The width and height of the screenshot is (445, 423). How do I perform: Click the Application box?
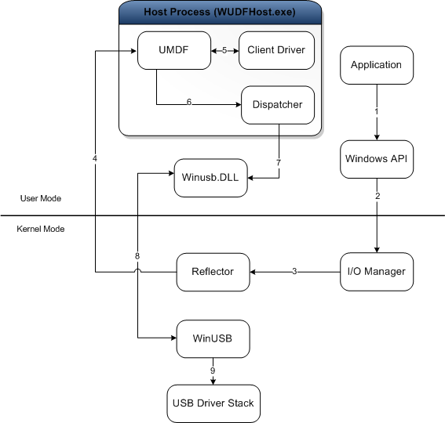(x=376, y=65)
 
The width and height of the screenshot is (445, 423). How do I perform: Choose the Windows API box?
(x=376, y=159)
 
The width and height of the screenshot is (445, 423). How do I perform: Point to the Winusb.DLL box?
(x=210, y=179)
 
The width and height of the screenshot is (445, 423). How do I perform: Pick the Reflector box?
(x=212, y=272)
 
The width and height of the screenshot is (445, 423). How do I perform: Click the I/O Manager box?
(x=376, y=272)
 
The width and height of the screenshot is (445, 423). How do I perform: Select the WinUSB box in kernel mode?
(x=212, y=338)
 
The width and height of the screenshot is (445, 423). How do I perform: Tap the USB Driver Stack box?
(x=212, y=404)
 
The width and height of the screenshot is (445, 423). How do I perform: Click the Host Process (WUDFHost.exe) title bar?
(x=220, y=13)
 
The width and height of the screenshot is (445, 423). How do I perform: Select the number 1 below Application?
(x=377, y=111)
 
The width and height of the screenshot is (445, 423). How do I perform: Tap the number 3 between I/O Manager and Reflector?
(x=294, y=272)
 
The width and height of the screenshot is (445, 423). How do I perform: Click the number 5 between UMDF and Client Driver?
(x=224, y=51)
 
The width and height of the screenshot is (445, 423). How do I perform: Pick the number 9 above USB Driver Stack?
(x=212, y=369)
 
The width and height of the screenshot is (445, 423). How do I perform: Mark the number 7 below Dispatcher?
(x=278, y=162)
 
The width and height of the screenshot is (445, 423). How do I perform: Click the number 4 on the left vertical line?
(x=95, y=159)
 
